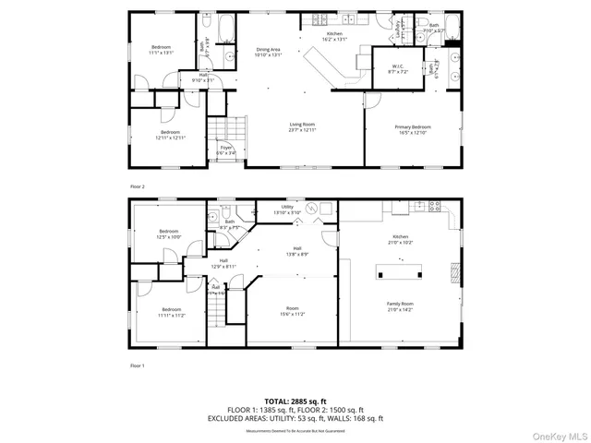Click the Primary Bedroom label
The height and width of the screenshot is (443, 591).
pyautogui.click(x=413, y=130)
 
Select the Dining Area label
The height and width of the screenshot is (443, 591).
pyautogui.click(x=268, y=52)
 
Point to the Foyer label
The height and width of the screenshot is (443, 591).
pyautogui.click(x=226, y=150)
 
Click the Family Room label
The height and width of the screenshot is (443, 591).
pyautogui.click(x=400, y=306)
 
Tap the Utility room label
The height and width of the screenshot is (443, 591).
pyautogui.click(x=287, y=210)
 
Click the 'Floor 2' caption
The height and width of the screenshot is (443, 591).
pyautogui.click(x=139, y=186)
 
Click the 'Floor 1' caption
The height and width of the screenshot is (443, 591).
pyautogui.click(x=139, y=366)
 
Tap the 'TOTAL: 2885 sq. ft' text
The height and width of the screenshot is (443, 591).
pyautogui.click(x=295, y=401)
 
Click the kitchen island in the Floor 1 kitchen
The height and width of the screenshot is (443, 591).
pyautogui.click(x=399, y=270)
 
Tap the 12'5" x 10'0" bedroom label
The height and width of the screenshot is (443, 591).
pyautogui.click(x=168, y=234)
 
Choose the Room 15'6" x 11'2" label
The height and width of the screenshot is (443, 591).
pyautogui.click(x=293, y=311)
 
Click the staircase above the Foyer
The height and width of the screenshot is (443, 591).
pyautogui.click(x=225, y=128)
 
